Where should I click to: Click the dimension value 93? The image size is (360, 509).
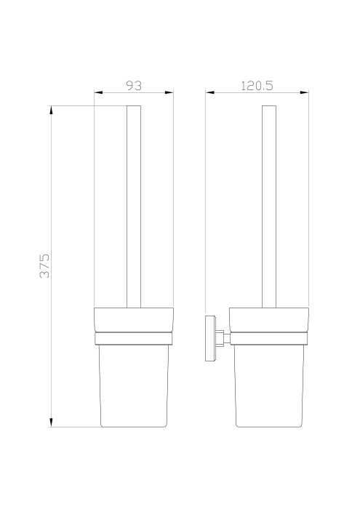134,86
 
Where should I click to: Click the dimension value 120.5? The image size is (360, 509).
257,86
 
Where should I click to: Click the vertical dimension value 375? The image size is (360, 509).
44,266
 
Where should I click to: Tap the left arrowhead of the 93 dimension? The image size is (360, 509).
98,92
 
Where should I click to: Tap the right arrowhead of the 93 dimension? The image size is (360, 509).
169,92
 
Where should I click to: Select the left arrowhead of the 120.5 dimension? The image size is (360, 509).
209,92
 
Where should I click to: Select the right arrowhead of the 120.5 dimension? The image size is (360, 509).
304,92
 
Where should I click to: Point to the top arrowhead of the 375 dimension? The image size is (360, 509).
51,110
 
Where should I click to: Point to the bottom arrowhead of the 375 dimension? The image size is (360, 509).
51,422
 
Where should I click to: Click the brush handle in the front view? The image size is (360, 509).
134,207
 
